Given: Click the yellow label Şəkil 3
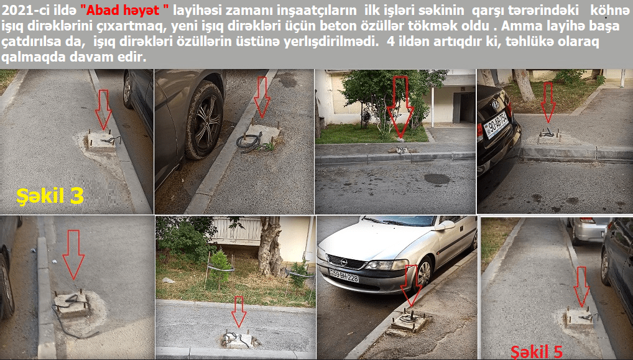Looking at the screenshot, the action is point(50,196).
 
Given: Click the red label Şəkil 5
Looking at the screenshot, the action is point(536,352).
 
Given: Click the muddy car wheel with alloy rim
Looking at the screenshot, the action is point(205,120).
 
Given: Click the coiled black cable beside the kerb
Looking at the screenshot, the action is point(249,141).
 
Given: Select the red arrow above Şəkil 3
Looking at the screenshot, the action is point(103,109).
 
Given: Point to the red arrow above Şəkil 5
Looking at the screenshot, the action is point(581,287).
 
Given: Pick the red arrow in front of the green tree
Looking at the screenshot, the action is point(400,107).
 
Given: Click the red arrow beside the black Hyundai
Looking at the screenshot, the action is point(548,103).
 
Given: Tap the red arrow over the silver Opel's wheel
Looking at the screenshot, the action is point(412,286).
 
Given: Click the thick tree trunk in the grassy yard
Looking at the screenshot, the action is point(270,247).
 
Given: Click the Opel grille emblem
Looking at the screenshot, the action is point(344,262).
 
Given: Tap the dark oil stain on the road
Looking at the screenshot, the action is point(437,179).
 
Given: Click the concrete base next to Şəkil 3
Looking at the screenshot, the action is point(101,141).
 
